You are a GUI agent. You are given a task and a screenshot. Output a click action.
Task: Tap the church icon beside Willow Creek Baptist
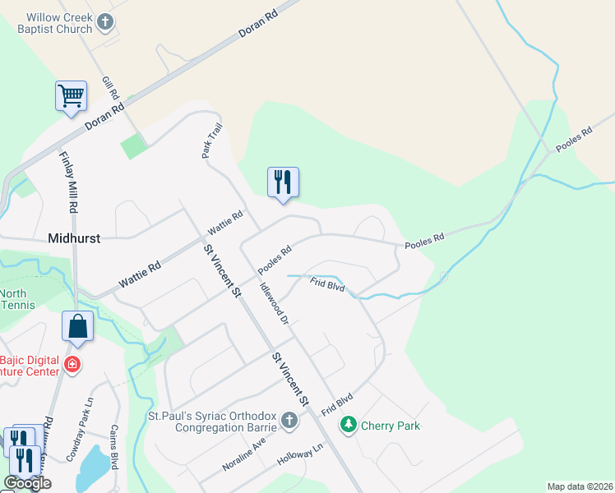pyautogui.click(x=104, y=22)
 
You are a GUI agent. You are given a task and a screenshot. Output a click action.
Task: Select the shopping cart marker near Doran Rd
pyautogui.click(x=71, y=95)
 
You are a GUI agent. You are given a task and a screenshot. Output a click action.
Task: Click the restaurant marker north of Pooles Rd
pyautogui.click(x=283, y=182)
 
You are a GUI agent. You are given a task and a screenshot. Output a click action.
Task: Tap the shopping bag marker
pyautogui.click(x=77, y=326)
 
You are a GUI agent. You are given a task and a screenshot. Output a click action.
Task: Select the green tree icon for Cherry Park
pyautogui.click(x=349, y=425)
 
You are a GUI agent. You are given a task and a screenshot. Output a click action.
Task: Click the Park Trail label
pyautogui.click(x=212, y=141)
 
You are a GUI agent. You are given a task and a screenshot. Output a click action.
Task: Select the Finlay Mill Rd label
pyautogui.click(x=68, y=182)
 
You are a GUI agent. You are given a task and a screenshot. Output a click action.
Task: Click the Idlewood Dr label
pyautogui.click(x=275, y=303)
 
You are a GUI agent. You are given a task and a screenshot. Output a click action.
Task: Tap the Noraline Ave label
pyautogui.click(x=244, y=454)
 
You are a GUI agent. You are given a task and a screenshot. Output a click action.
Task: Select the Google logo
pyautogui.click(x=27, y=484)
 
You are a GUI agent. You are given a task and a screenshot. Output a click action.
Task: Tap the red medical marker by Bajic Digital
pyautogui.click(x=72, y=364)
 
